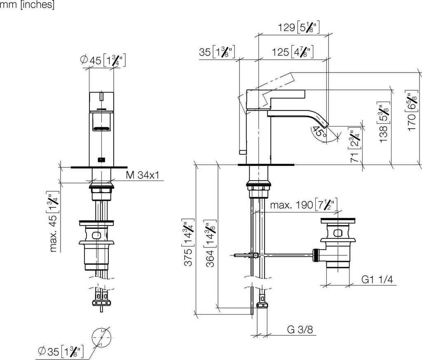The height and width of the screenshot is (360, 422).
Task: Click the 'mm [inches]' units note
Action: [27, 5]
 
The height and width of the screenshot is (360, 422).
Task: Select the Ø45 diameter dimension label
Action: [103, 60]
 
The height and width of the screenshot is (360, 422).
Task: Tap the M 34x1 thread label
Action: [143, 175]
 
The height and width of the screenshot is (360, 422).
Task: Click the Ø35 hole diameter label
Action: [61, 351]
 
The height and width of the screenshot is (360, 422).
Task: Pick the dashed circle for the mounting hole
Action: [102, 338]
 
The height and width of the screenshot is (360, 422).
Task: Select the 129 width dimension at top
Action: [299, 27]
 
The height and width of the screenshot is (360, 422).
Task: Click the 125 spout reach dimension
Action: [293, 52]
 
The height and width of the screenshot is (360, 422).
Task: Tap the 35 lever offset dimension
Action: [217, 52]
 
